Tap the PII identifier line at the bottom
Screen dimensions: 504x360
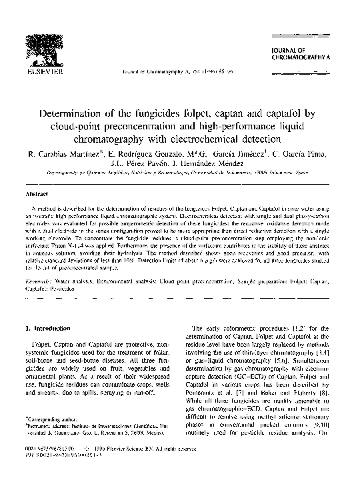[64, 465]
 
